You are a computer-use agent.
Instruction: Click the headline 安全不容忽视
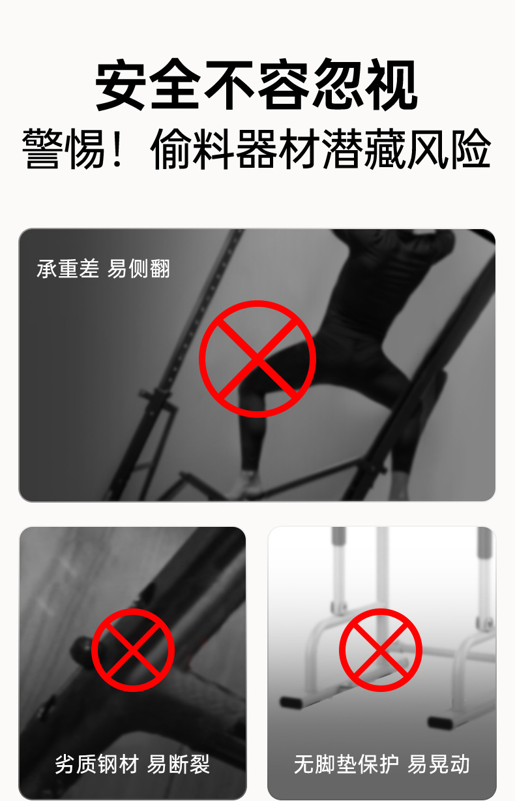click(x=257, y=86)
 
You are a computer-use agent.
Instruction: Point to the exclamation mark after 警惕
click(x=118, y=149)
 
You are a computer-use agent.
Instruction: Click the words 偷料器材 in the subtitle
click(x=235, y=149)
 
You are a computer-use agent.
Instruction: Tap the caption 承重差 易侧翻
click(x=103, y=268)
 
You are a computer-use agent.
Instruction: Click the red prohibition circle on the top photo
click(x=257, y=359)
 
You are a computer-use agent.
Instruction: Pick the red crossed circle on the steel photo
click(x=133, y=650)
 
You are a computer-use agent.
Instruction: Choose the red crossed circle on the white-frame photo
click(x=381, y=650)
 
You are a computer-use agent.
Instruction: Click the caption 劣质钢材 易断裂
click(x=132, y=764)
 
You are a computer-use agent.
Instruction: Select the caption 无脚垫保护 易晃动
click(x=381, y=764)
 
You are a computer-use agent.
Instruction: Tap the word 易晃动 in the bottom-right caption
click(x=439, y=764)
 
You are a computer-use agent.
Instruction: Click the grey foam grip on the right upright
click(x=484, y=546)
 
